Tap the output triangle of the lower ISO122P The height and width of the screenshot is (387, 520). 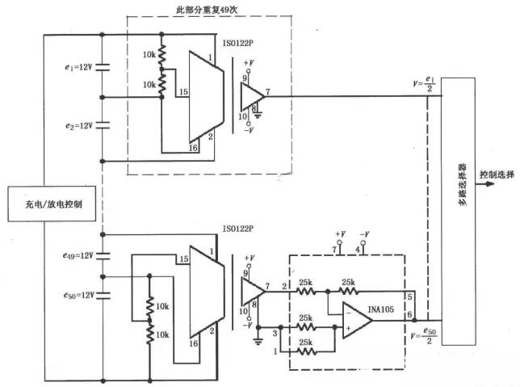tap(252, 289)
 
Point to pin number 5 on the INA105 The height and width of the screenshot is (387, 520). tap(409, 297)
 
